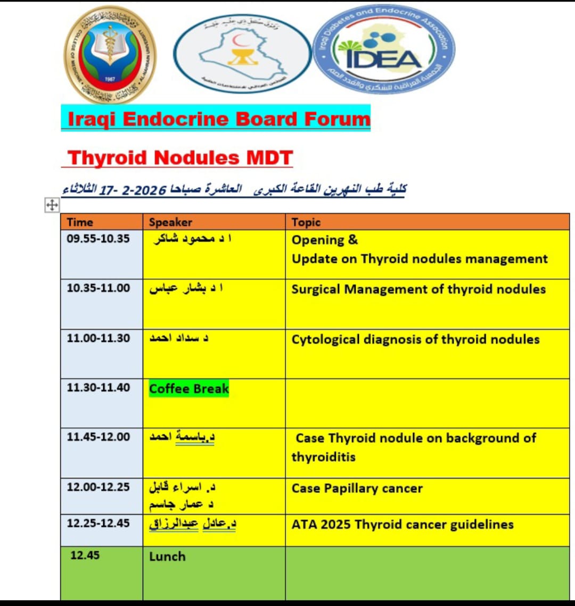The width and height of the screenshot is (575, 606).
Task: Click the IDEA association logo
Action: point(383,50)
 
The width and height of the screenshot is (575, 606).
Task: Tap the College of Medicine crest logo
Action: point(110,54)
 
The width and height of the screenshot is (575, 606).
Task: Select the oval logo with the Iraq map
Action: point(242,53)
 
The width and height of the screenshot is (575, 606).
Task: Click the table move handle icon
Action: point(52,205)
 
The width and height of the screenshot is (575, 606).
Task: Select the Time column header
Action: point(80,222)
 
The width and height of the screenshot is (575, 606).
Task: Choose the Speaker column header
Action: point(170,222)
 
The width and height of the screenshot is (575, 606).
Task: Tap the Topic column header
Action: point(306,222)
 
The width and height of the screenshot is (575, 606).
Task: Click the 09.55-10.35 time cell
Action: point(98,239)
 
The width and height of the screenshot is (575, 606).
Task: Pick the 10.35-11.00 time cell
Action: point(98,288)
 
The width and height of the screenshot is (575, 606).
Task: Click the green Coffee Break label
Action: point(188,389)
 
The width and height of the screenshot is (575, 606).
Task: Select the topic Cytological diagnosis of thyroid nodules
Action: point(415,339)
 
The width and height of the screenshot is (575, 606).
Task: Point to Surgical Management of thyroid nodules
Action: point(418,289)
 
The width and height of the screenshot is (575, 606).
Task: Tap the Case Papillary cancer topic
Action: point(357,488)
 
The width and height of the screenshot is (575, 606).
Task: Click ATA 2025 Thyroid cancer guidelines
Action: point(402,524)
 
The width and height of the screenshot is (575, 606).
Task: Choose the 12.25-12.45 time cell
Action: point(98,523)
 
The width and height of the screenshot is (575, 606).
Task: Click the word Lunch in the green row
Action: point(167,557)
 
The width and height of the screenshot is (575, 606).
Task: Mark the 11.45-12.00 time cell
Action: point(98,437)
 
